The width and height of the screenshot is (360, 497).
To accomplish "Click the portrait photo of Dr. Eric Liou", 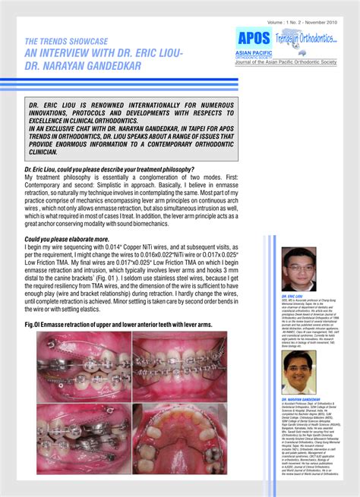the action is point(298,269).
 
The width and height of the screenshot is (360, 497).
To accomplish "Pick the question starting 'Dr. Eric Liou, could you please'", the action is point(109,169).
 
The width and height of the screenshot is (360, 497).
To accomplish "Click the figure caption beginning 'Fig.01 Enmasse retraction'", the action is point(118,325).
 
